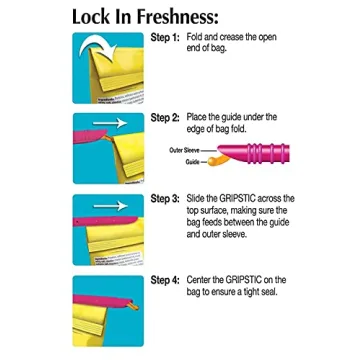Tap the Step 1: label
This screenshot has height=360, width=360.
pos(165,37)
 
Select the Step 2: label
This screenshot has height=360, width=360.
pos(165,118)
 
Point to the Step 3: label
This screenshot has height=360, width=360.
pos(165,199)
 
